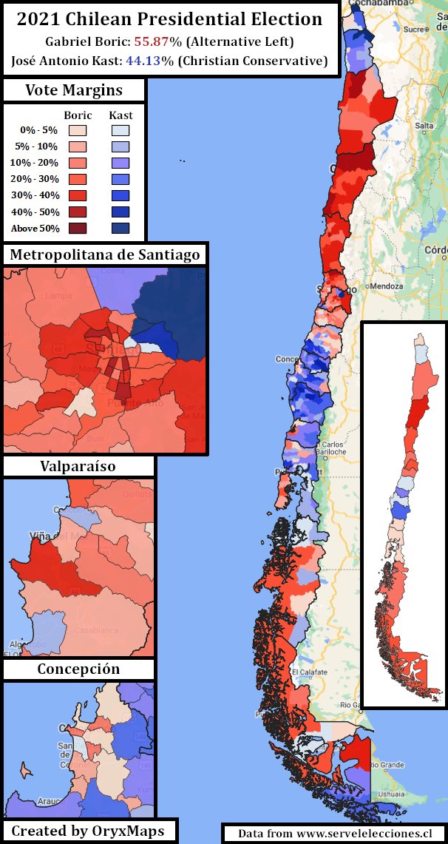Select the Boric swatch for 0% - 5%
[x=78, y=130]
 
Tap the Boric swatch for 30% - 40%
[x=78, y=195]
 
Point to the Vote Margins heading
[x=74, y=91]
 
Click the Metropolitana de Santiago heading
[x=104, y=255]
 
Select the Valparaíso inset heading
[x=78, y=467]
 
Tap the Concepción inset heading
[x=78, y=669]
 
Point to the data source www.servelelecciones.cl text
[x=335, y=833]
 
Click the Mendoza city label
[x=387, y=286]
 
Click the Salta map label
[x=424, y=126]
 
